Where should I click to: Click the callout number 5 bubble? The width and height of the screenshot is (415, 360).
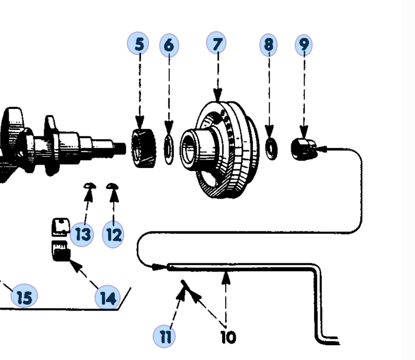click(x=138, y=43)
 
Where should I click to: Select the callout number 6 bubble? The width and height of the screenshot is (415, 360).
click(x=169, y=45)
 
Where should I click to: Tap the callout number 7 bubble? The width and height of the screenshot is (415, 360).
click(x=216, y=43)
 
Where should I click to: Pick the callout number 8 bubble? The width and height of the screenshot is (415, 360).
click(x=269, y=45)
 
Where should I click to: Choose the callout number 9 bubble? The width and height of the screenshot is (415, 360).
click(x=304, y=45)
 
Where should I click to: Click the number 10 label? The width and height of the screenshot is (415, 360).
click(x=228, y=337)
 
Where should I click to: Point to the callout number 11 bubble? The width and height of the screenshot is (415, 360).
click(x=164, y=336)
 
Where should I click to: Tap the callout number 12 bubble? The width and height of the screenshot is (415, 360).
click(x=113, y=234)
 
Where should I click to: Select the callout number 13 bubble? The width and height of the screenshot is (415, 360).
click(x=82, y=234)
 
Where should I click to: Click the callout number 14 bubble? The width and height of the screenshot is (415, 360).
click(x=108, y=297)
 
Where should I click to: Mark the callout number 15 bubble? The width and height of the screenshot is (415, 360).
click(x=24, y=296)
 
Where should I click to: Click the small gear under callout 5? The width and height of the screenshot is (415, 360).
click(x=144, y=148)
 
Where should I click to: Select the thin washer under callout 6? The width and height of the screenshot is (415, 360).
click(x=169, y=149)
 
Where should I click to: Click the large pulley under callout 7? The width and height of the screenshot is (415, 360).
click(x=220, y=149)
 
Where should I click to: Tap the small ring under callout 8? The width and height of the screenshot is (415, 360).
click(x=271, y=149)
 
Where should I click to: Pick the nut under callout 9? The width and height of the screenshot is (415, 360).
click(x=304, y=149)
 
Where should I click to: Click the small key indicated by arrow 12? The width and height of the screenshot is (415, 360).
click(x=112, y=186)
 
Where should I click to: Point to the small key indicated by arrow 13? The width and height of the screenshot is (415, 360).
click(x=90, y=186)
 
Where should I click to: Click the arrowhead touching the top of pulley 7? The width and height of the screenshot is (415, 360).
click(x=218, y=95)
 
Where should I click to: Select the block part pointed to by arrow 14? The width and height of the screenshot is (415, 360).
click(x=61, y=251)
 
